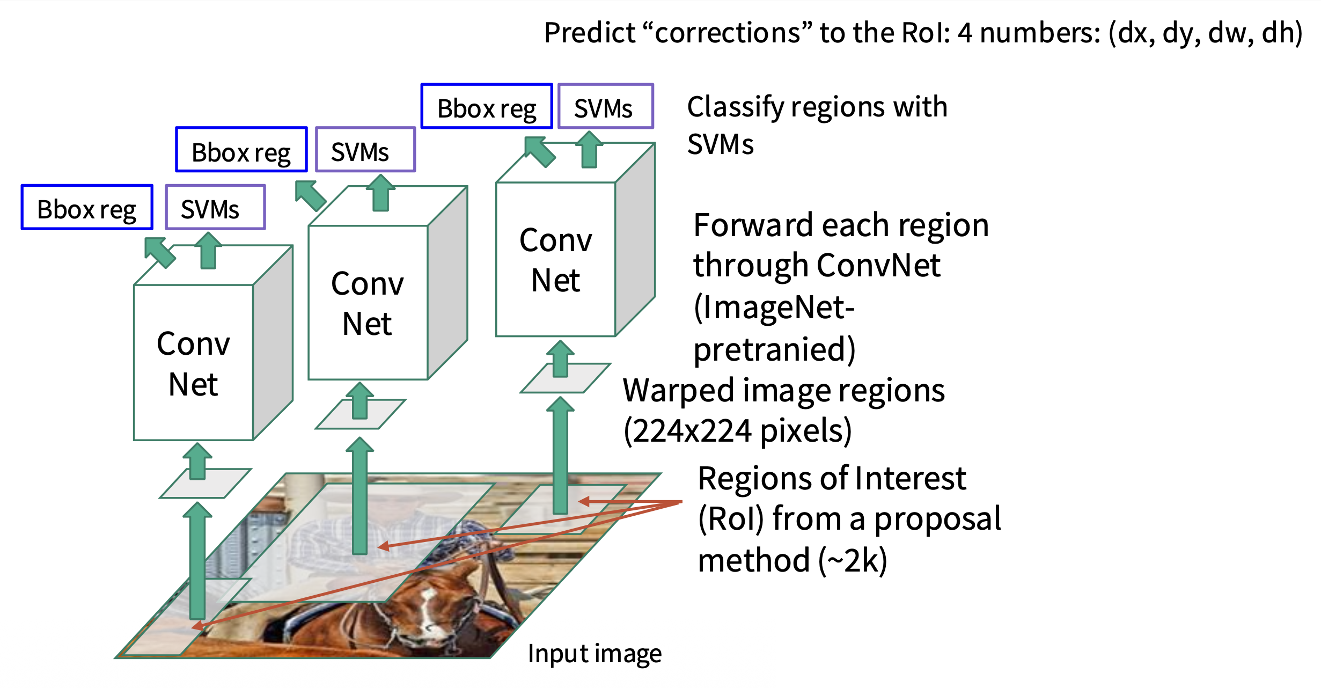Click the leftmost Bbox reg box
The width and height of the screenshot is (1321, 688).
click(87, 208)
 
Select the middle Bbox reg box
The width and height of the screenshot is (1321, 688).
click(241, 150)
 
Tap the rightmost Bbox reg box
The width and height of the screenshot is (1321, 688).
click(487, 107)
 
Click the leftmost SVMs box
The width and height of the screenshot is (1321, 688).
click(215, 208)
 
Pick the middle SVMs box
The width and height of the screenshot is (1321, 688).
click(365, 150)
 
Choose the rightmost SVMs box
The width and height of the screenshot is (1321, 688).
click(605, 107)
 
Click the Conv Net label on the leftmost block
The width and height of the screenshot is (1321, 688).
click(193, 363)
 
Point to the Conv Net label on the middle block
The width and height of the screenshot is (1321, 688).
click(368, 303)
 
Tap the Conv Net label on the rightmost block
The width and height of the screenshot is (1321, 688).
click(556, 260)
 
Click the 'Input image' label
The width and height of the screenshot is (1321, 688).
click(595, 654)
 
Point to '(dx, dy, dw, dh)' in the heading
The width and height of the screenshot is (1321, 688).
click(1205, 33)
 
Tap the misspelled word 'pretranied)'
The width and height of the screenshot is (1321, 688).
click(774, 349)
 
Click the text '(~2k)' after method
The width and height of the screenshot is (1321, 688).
click(853, 561)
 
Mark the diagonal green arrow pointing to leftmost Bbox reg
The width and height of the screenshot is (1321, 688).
click(159, 252)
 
